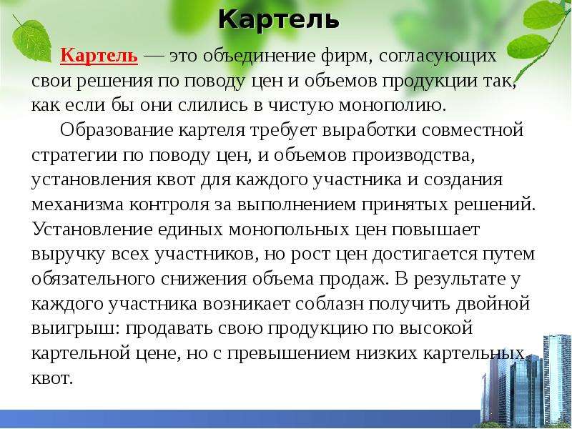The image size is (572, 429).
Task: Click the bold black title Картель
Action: pyautogui.click(x=279, y=19)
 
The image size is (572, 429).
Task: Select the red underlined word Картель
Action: pyautogui.click(x=99, y=56)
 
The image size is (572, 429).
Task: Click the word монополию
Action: pyautogui.click(x=393, y=105)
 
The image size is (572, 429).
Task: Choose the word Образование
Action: pyautogui.click(x=117, y=129)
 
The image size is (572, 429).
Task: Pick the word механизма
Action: pyautogui.click(x=78, y=204)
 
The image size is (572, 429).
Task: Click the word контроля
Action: pyautogui.click(x=169, y=205)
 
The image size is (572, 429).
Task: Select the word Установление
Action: pyautogui.click(x=92, y=230)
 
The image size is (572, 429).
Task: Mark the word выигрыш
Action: pyautogui.click(x=76, y=329)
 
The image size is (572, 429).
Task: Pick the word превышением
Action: pyautogui.click(x=288, y=353)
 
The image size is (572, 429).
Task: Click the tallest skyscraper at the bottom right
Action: pyautogui.click(x=557, y=380)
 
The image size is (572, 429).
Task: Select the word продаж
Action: pyautogui.click(x=352, y=280)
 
